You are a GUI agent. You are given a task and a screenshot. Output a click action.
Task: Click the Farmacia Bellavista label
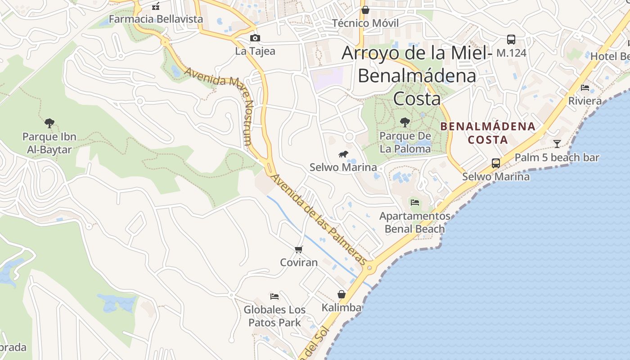(156, 19)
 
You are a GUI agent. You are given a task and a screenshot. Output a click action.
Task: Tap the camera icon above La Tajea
(255, 38)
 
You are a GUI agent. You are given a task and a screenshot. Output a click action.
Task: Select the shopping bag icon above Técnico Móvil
(365, 9)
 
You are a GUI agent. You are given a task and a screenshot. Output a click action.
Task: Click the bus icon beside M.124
(511, 40)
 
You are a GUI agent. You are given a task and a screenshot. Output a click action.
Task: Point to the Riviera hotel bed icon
(585, 88)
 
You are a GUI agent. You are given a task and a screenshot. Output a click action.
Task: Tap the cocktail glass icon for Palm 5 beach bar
(557, 144)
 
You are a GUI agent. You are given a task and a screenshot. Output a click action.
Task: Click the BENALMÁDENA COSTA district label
(488, 133)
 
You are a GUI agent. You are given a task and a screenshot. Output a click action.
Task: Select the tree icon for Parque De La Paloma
(405, 122)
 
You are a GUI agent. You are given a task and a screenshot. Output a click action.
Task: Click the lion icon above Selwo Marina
(343, 154)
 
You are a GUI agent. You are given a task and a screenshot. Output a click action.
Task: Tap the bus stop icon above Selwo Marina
(496, 163)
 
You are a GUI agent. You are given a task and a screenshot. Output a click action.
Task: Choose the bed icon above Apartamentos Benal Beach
(415, 202)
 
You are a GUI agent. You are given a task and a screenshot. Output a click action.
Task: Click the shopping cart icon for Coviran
(298, 249)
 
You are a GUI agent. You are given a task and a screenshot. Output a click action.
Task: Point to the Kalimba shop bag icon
(342, 295)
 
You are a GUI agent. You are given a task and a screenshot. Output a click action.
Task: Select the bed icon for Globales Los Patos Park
(274, 296)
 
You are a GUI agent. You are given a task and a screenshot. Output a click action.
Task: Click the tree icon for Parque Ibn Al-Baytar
(49, 123)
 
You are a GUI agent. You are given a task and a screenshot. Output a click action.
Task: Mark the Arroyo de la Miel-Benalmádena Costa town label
(416, 75)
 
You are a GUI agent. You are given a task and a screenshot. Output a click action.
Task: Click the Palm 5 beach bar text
(557, 157)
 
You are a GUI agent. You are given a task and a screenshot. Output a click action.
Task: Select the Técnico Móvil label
(365, 23)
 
